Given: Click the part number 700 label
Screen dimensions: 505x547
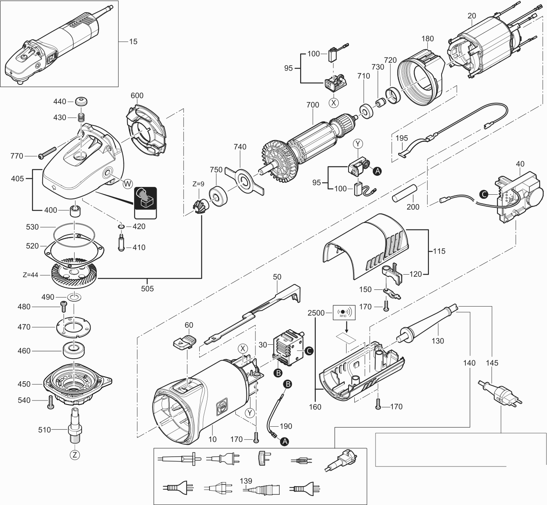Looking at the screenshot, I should pos(312,105).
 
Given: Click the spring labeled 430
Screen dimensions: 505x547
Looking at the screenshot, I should pos(81,117).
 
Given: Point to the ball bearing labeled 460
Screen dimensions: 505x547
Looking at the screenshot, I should pos(74,351).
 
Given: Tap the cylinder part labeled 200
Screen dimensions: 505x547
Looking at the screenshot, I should pos(404,193).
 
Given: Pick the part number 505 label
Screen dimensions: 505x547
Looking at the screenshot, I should pos(147,289).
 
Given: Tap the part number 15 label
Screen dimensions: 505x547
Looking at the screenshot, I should pos(133,41).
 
